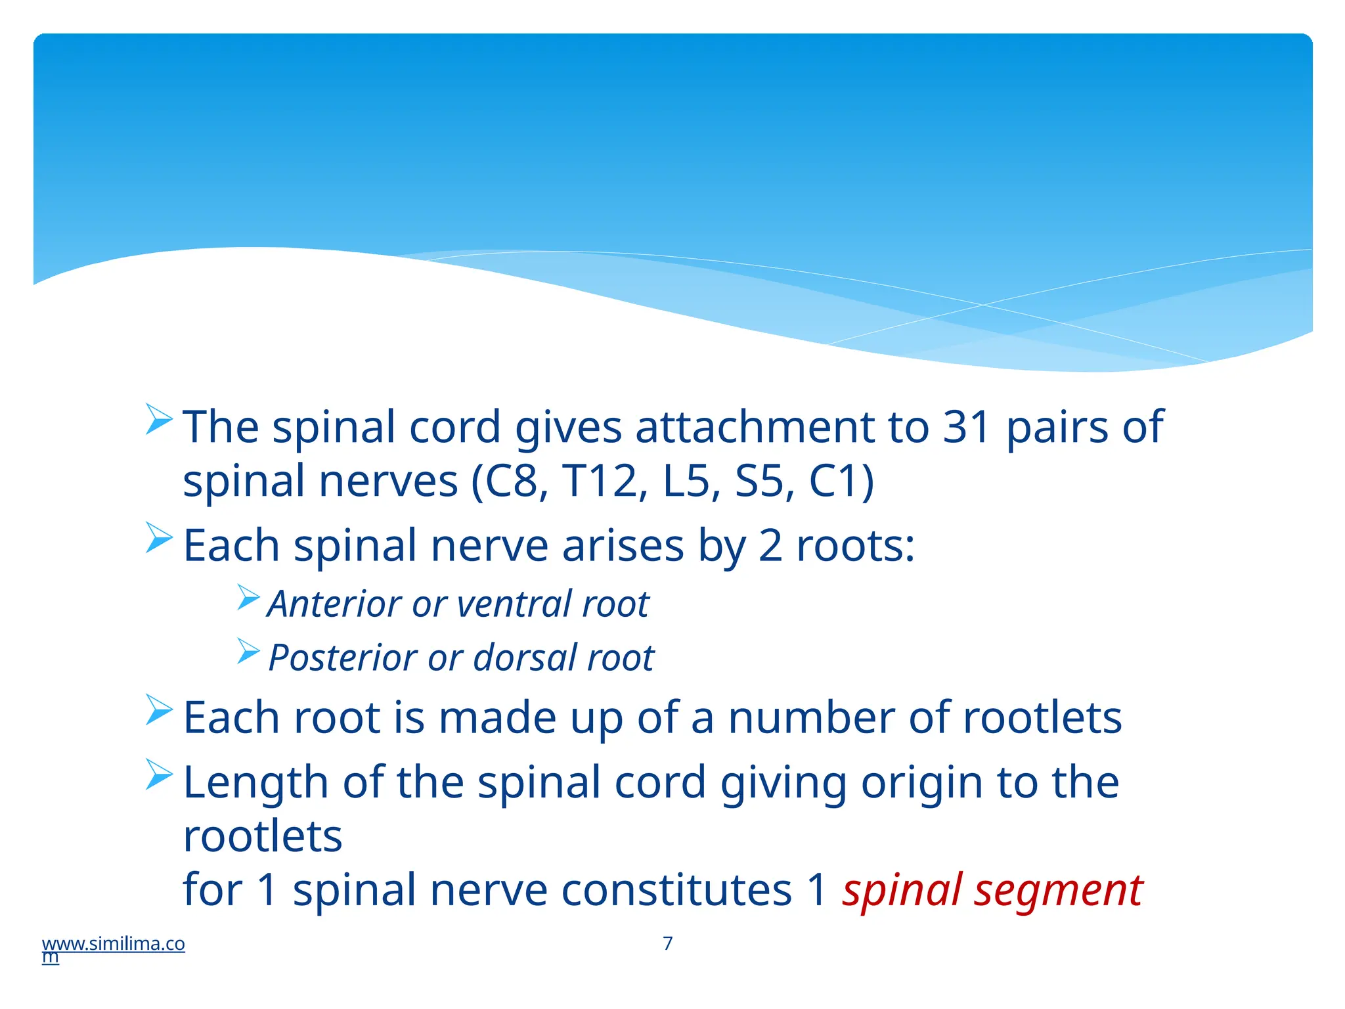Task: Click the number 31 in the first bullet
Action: coord(967,427)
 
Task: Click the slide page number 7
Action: coord(668,943)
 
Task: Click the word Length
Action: coord(255,783)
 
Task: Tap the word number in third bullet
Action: coord(811,717)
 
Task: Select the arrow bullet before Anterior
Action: coord(249,598)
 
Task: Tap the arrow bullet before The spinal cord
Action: coord(159,419)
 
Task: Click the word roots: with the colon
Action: coord(855,546)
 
